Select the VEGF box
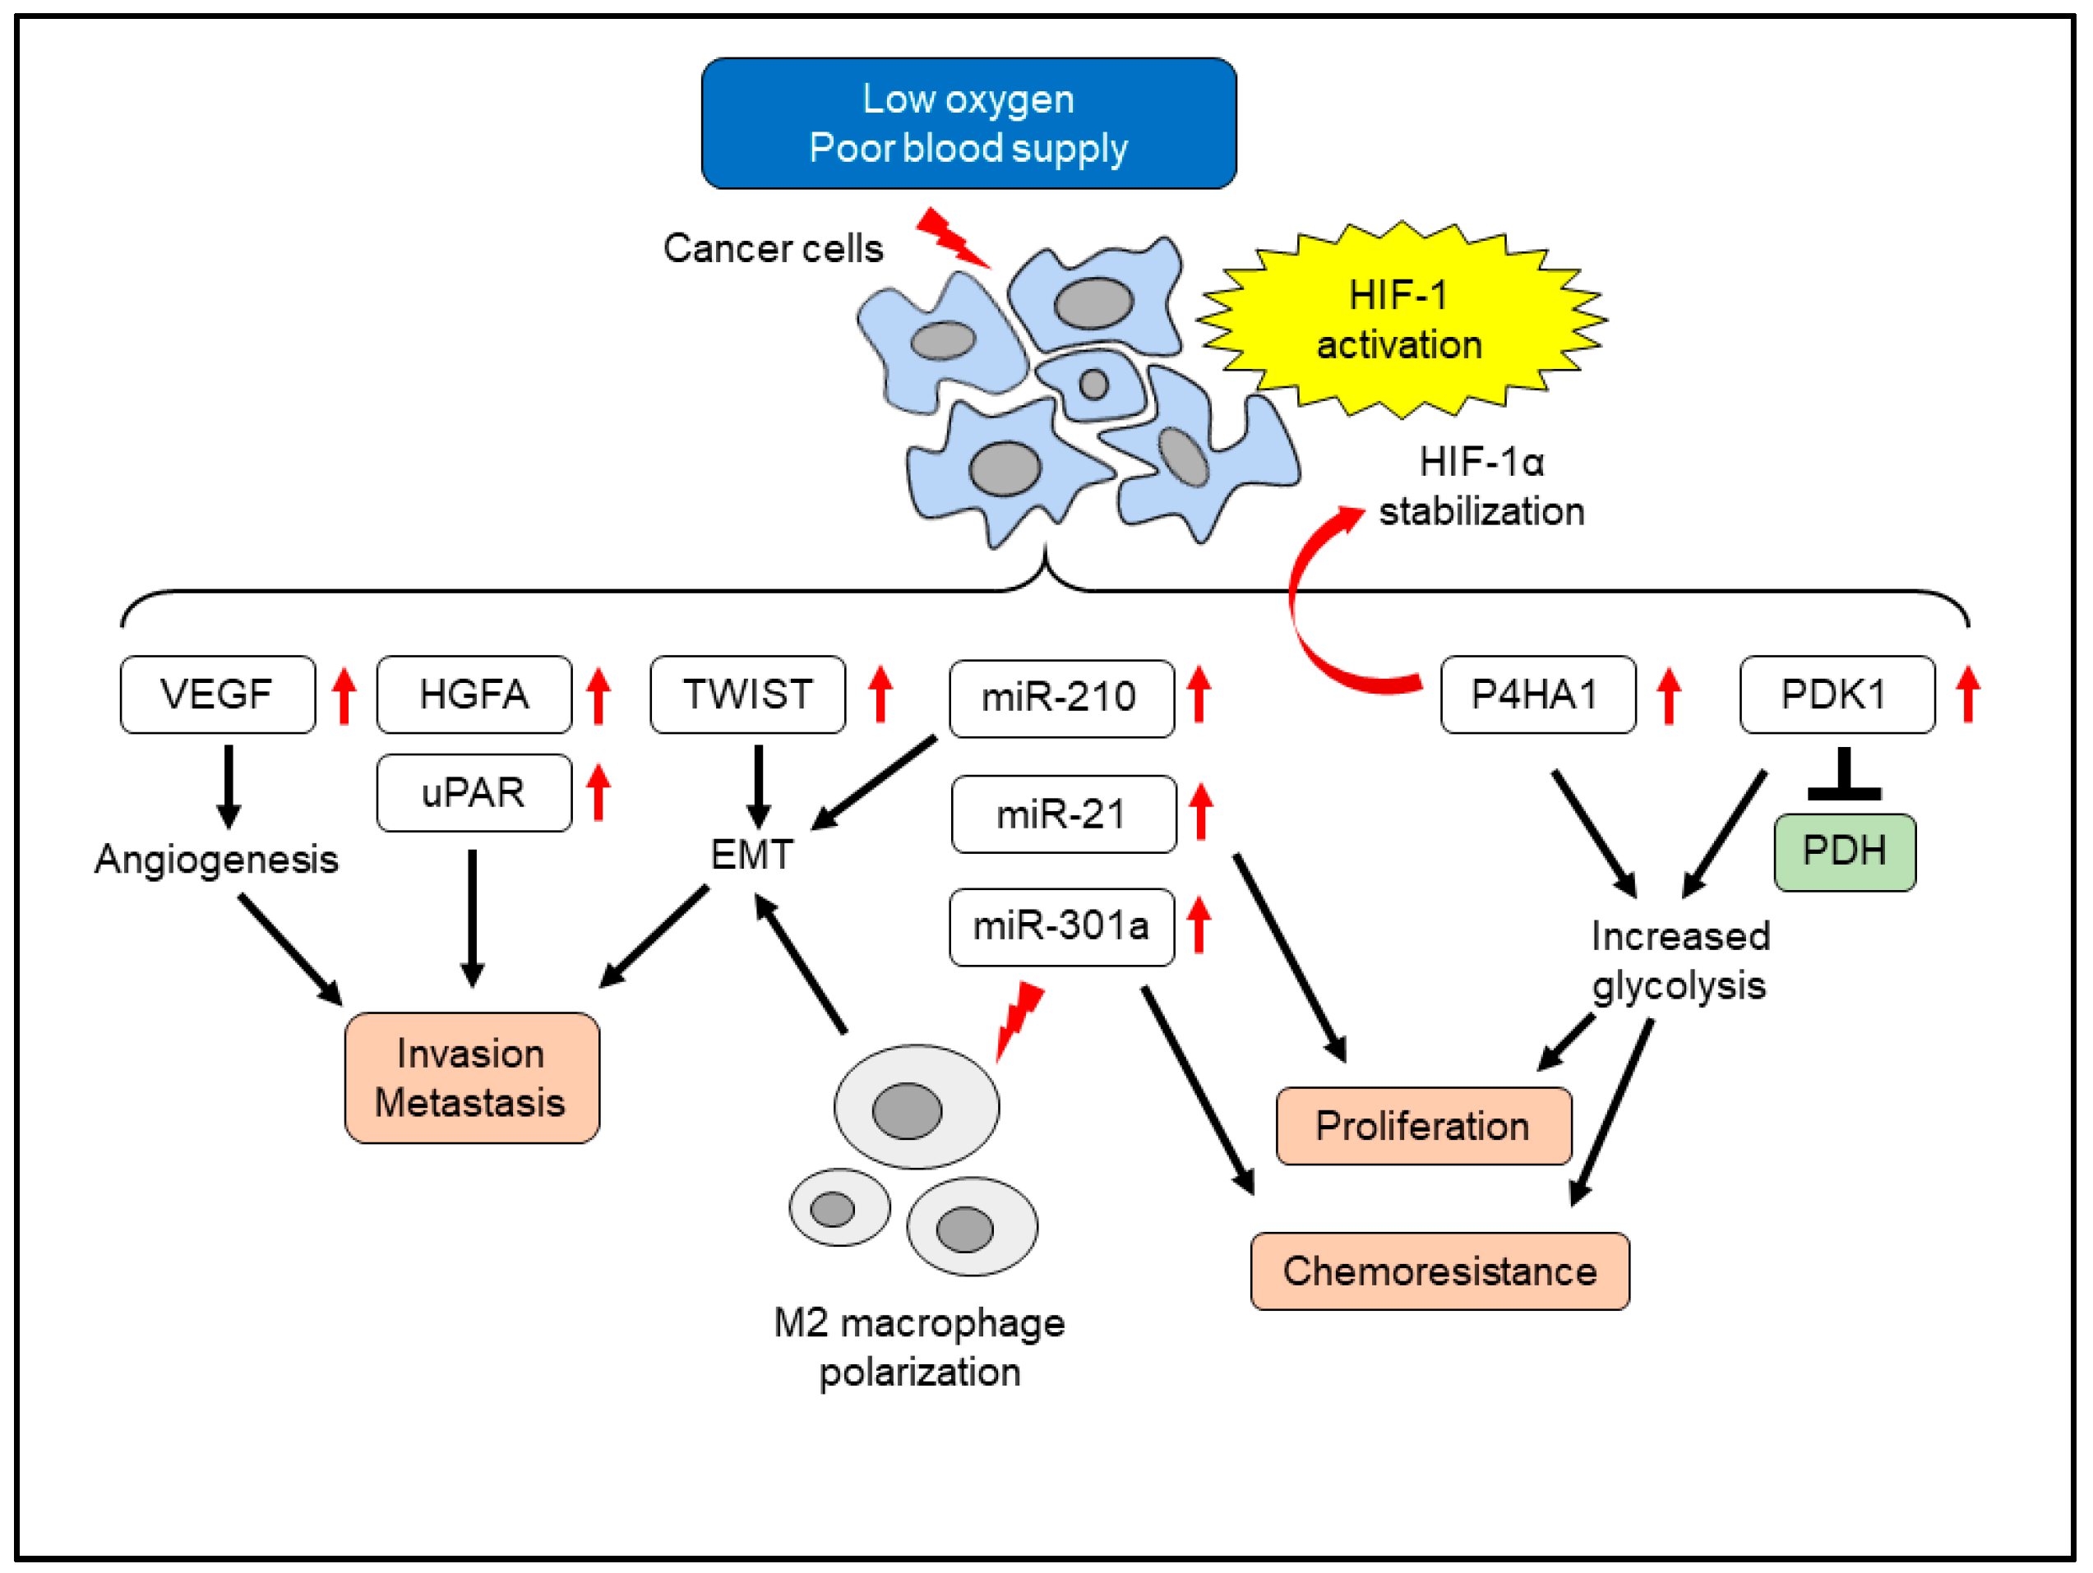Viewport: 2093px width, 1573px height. (x=218, y=694)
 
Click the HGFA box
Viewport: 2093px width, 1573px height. (x=474, y=694)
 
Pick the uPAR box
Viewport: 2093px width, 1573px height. (x=474, y=792)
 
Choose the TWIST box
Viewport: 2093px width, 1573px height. (x=747, y=694)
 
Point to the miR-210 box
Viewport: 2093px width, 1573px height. (x=1060, y=698)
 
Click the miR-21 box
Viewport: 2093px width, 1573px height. (x=1064, y=814)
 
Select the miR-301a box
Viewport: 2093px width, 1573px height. (x=1061, y=927)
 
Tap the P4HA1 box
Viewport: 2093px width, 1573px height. (x=1537, y=694)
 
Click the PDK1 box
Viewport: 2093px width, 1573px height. (x=1837, y=694)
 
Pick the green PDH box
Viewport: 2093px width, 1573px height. (x=1844, y=852)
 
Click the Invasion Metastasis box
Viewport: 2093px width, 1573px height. (x=471, y=1078)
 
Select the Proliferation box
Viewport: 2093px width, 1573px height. (x=1423, y=1126)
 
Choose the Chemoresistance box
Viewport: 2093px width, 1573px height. (x=1439, y=1271)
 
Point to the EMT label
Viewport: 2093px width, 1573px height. (x=752, y=855)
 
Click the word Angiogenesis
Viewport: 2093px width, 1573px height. (x=217, y=860)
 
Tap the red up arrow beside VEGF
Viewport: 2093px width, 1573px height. (x=344, y=696)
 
